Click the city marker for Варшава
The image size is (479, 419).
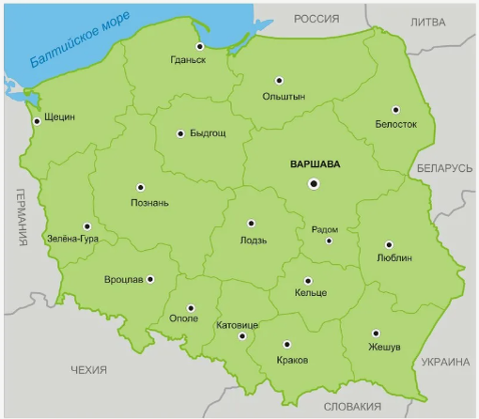point(314,183)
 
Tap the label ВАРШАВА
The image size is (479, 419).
point(315,163)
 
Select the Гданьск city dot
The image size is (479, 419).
point(199,45)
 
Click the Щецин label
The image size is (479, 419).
point(60,117)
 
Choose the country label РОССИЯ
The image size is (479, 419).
point(316,19)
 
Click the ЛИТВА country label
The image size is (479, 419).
point(428,23)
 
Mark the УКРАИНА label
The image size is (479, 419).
point(442,361)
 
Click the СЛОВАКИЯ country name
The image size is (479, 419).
point(352,406)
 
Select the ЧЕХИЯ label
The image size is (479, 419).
point(89,370)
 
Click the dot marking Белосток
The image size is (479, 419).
point(395,109)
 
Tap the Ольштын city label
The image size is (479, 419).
point(283,97)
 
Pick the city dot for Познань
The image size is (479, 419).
point(140,187)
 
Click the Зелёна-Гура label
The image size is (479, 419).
point(73,239)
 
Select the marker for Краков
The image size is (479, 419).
point(288,344)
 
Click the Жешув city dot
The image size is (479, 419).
point(375,333)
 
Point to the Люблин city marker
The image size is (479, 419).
point(392,241)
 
